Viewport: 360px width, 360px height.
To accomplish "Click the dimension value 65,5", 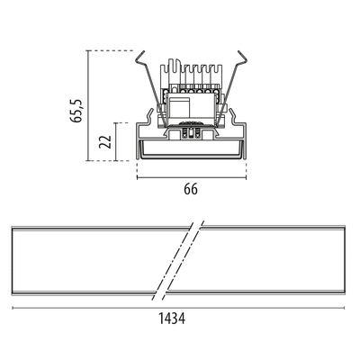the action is [x=76, y=110].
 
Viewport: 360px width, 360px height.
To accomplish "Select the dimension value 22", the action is [x=105, y=141].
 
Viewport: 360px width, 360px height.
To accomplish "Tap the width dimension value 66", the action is [x=191, y=189].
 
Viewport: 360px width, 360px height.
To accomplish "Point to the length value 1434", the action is [x=172, y=319].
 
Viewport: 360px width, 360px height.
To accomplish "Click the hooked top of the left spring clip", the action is [x=139, y=57].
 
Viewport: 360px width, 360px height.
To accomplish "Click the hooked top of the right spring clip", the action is [x=244, y=57].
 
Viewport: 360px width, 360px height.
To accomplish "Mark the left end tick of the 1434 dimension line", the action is [x=13, y=308].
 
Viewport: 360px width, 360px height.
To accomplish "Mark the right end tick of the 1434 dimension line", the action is [x=344, y=308].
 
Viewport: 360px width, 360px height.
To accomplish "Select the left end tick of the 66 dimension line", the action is [x=137, y=177].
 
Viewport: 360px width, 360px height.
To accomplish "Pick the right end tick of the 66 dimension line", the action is [x=246, y=177].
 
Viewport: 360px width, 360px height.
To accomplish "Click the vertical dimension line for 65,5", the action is [x=88, y=105].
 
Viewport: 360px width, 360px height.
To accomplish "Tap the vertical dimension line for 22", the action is [x=115, y=141].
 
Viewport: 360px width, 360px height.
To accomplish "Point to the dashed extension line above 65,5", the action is [x=111, y=50].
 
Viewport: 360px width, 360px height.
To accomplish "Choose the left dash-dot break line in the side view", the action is [x=173, y=261].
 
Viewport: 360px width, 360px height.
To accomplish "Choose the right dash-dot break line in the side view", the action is [x=183, y=261].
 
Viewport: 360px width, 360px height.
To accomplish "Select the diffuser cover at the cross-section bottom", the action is [x=192, y=149].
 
